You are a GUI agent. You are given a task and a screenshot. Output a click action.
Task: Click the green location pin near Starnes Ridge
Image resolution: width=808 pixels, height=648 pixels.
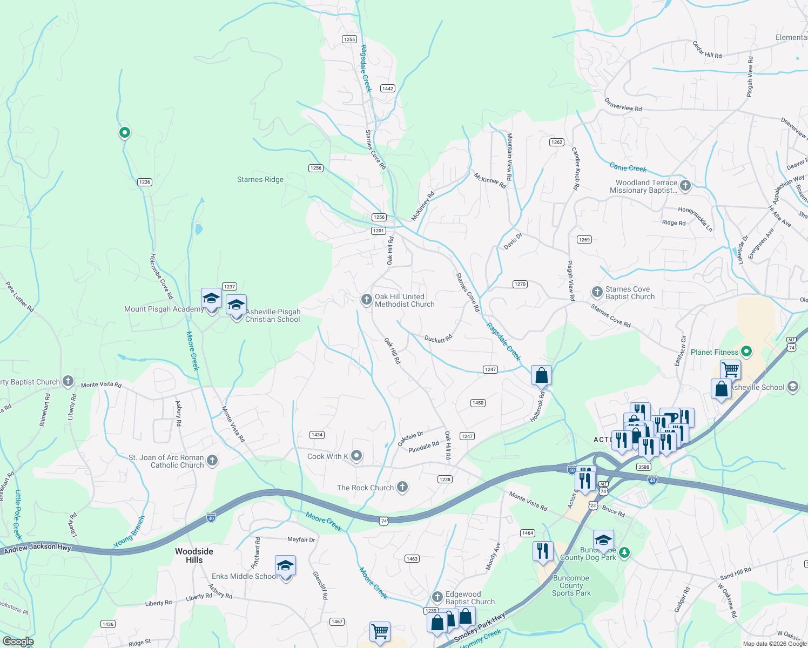[124, 132]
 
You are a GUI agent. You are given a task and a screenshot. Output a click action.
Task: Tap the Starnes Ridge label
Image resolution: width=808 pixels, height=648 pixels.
[260, 179]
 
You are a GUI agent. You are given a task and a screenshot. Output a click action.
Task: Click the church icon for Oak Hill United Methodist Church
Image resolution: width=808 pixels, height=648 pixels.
[366, 300]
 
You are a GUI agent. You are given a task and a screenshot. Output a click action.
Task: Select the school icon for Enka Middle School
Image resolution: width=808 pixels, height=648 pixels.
[285, 566]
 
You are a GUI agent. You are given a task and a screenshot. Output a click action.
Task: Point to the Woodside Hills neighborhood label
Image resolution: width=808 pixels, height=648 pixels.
[194, 556]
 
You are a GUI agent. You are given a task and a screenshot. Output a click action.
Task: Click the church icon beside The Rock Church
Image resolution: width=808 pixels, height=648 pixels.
[402, 487]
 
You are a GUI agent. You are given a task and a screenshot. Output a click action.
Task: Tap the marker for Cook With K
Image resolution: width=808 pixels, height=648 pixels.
[356, 456]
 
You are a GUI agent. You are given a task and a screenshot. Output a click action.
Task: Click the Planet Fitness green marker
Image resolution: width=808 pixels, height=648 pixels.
[746, 352]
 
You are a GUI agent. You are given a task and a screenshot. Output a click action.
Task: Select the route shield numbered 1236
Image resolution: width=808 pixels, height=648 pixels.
[144, 182]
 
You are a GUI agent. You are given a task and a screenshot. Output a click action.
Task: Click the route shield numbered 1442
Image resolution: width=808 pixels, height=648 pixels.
[387, 89]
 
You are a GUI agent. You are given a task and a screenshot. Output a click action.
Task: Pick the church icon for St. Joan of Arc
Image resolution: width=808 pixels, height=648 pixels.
[212, 461]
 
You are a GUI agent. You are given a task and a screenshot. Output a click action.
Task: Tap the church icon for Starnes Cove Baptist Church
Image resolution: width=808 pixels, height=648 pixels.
[597, 292]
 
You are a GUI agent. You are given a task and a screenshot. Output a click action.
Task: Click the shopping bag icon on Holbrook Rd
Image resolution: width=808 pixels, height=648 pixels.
[541, 376]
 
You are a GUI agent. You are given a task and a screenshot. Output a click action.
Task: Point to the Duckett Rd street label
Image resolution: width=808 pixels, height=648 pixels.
[438, 339]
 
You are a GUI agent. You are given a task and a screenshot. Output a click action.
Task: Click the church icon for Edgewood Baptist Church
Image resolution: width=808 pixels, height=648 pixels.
[437, 597]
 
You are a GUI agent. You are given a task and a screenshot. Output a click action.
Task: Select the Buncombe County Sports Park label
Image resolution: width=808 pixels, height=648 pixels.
[571, 585]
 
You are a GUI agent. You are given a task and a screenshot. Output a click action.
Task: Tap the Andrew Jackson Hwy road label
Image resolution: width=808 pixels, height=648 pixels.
[37, 548]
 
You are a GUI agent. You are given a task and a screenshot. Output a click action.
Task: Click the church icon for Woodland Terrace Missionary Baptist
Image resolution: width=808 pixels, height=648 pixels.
[685, 186]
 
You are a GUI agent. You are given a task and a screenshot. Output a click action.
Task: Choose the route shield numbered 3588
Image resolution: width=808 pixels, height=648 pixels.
[643, 467]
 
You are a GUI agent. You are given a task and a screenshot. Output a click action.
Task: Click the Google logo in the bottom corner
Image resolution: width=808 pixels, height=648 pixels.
[18, 641]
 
